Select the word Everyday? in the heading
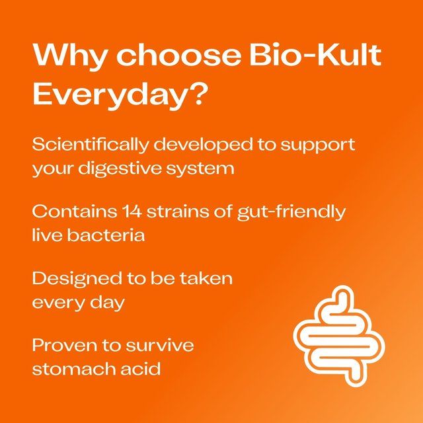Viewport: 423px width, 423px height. (x=120, y=96)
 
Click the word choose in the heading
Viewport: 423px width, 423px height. (x=177, y=56)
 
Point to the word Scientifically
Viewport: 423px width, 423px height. (x=87, y=145)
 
